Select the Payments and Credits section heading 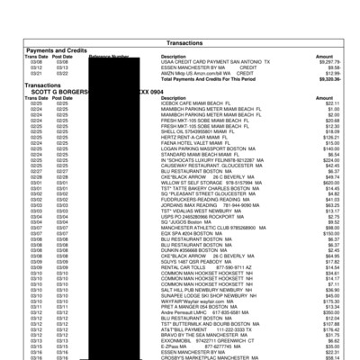click(60, 49)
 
